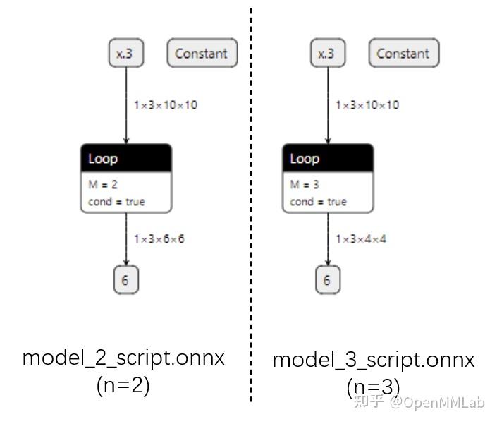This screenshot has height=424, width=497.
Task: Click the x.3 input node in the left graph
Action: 125,54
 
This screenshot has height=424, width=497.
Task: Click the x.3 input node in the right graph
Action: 326,54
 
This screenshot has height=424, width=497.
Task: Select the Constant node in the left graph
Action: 202,54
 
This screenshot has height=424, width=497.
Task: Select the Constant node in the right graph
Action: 403,54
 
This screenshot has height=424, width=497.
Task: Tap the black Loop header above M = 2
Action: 126,159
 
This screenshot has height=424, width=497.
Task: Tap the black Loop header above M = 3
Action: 328,159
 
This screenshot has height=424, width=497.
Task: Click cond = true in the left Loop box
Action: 116,202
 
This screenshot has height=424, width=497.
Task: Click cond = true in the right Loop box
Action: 318,202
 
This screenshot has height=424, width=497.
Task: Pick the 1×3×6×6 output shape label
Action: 159,239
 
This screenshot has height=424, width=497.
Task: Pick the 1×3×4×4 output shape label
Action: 361,239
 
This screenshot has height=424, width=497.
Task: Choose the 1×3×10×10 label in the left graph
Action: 166,105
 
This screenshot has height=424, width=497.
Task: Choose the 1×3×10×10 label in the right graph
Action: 367,105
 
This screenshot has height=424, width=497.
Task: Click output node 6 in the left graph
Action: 125,280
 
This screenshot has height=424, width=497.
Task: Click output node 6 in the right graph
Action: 327,280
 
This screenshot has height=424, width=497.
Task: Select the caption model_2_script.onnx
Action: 123,358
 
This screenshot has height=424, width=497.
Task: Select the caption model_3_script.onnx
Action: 374,360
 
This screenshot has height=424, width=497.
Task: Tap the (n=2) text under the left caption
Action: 123,386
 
